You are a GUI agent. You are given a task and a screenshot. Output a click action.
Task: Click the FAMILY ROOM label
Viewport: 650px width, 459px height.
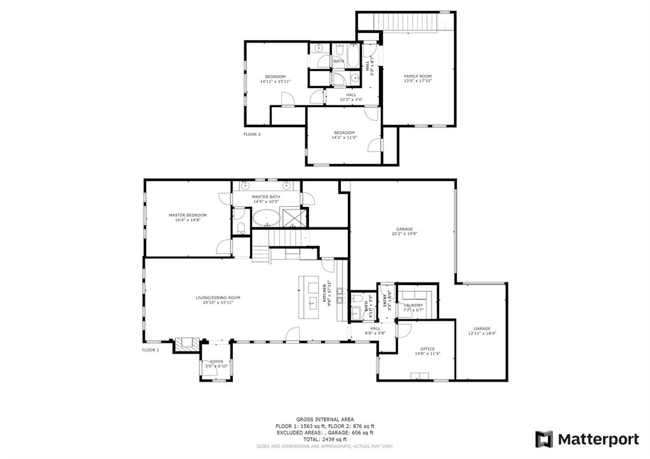tap(418, 79)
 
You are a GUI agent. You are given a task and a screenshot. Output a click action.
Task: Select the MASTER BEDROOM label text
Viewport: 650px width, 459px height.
tap(187, 217)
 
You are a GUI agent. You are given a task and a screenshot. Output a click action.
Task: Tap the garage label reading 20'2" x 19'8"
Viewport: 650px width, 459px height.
tap(404, 231)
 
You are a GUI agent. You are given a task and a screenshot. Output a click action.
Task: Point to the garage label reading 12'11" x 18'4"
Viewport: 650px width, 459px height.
tap(482, 331)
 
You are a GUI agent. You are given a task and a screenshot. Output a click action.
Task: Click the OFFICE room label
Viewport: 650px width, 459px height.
tap(427, 351)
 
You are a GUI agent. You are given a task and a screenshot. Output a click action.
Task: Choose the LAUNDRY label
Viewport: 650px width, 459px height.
tap(413, 308)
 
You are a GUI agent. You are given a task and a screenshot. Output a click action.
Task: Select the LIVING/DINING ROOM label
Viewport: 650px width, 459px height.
tap(218, 300)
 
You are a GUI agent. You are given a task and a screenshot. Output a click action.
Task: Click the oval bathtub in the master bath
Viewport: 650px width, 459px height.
tap(267, 219)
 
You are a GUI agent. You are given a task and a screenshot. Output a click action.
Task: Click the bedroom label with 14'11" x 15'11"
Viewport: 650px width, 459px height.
tap(275, 79)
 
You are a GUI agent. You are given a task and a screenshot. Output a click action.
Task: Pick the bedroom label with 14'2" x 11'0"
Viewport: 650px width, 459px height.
tap(344, 135)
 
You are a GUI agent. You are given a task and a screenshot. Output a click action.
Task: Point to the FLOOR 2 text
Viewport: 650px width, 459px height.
tap(252, 135)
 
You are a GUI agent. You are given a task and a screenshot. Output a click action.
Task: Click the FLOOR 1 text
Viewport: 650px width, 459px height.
tap(150, 350)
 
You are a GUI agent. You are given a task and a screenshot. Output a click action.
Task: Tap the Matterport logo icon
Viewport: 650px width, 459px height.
tap(544, 439)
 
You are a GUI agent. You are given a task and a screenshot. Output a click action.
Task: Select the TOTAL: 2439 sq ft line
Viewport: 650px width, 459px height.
tap(324, 439)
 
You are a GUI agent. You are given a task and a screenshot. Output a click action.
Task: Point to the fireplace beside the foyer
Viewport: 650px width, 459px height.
tap(187, 345)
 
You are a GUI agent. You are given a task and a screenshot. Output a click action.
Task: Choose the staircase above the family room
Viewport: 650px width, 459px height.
tap(406, 21)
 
